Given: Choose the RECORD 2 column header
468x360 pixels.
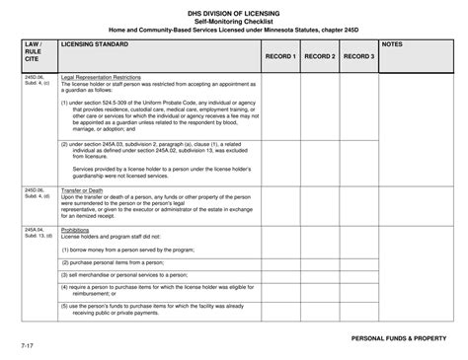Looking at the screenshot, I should (x=320, y=57).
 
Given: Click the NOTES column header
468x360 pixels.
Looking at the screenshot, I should (x=393, y=45).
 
